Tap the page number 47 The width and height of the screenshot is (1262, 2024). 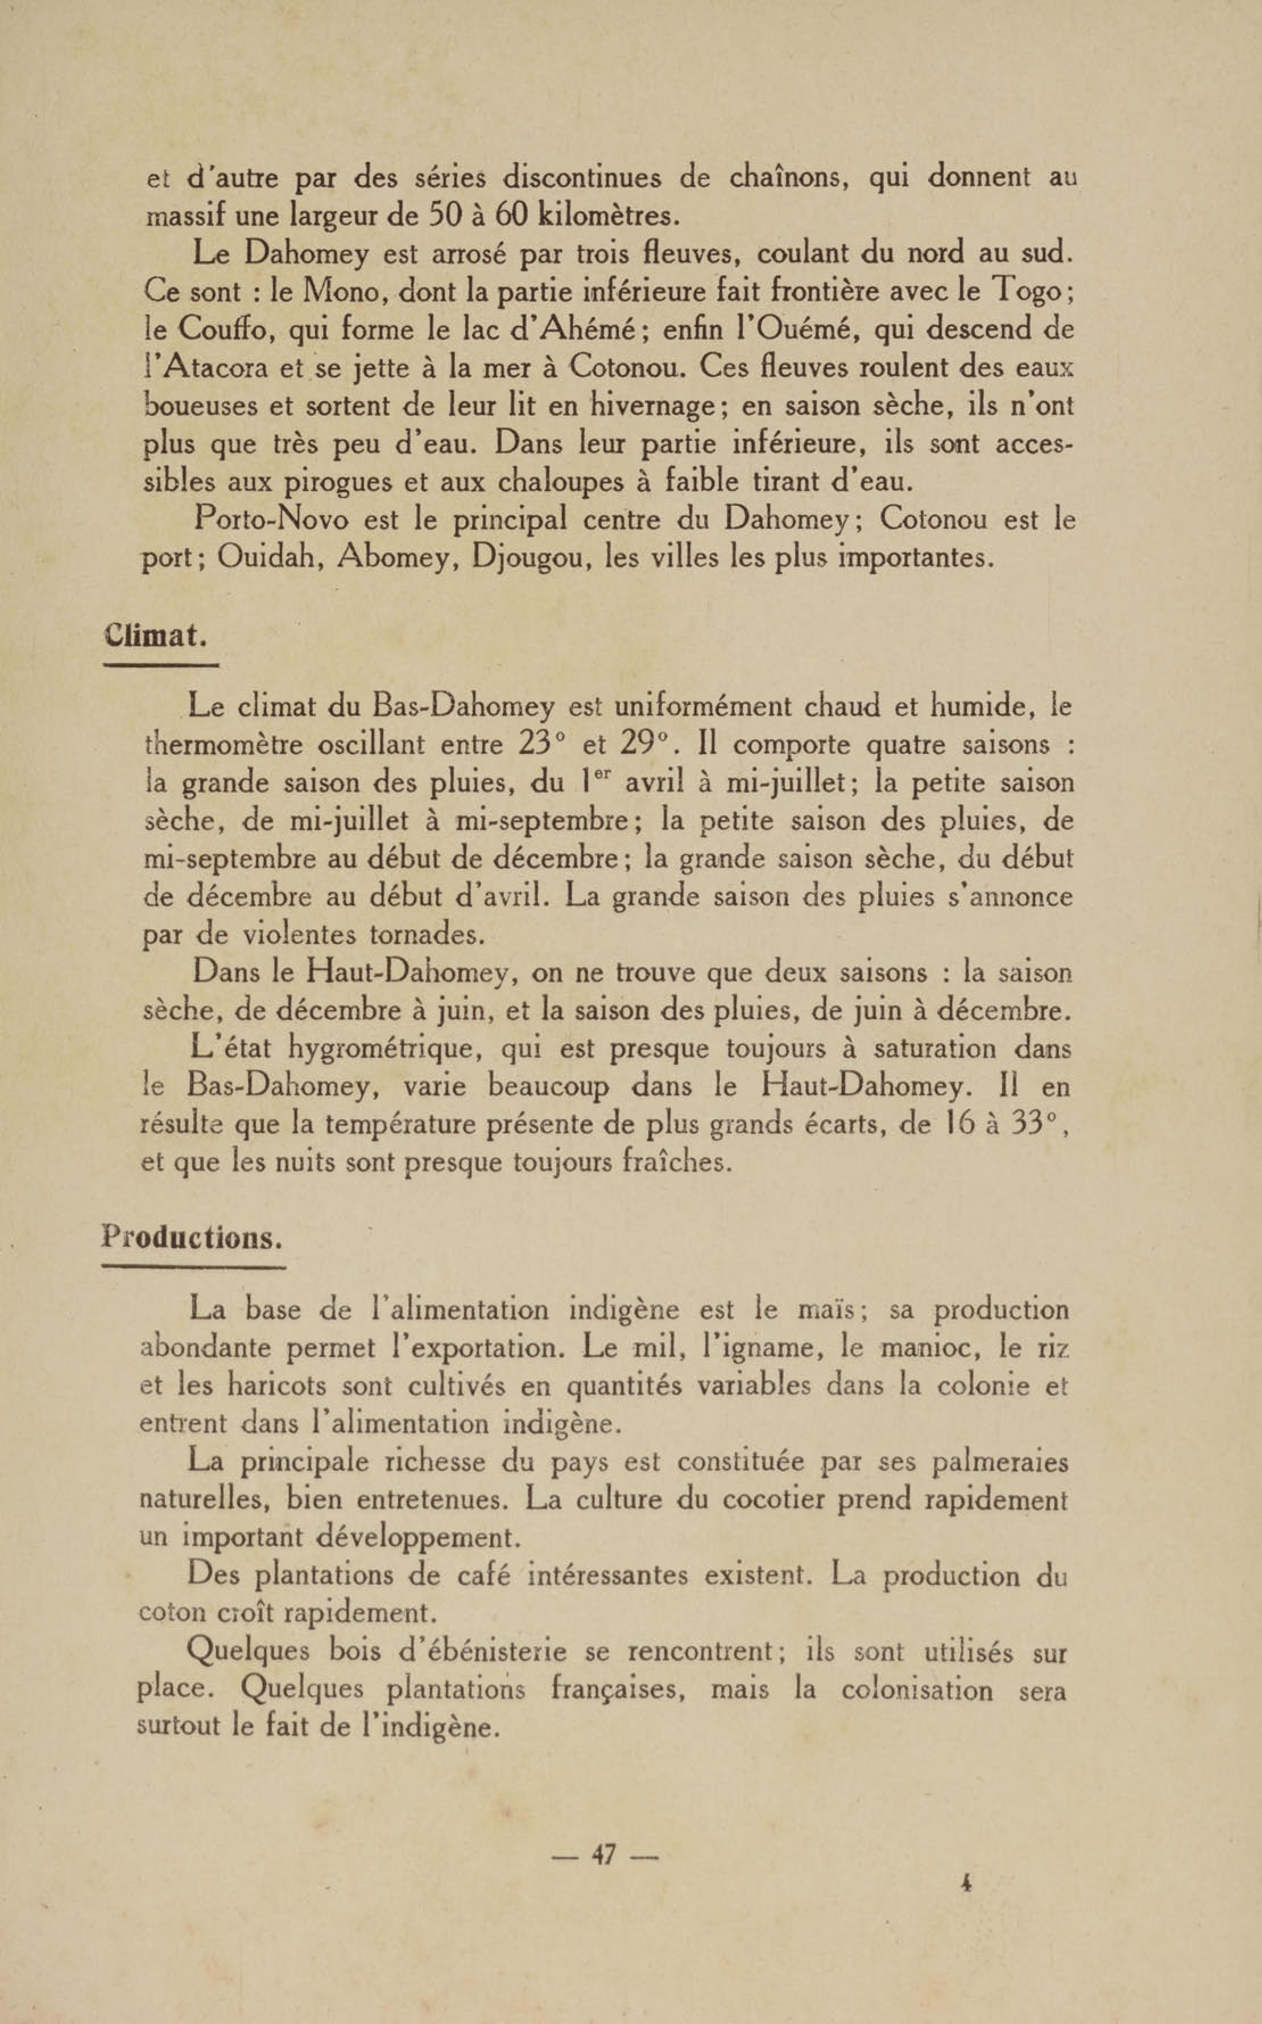(605, 1854)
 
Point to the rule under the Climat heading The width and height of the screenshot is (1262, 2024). (160, 666)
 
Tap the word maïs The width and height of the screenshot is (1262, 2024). (825, 1309)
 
